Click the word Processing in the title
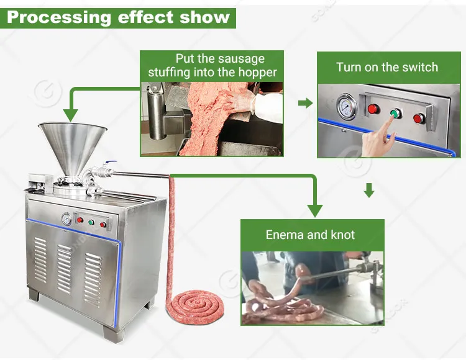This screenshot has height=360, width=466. click(59, 18)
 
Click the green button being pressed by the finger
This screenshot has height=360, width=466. click(395, 113)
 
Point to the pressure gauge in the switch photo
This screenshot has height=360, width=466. click(347, 107)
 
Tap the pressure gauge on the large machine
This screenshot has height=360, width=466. click(66, 219)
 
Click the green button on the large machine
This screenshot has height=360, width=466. click(91, 222)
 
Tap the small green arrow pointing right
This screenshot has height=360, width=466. click(305, 103)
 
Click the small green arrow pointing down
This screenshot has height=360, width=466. click(369, 190)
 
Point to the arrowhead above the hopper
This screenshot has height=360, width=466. click(70, 115)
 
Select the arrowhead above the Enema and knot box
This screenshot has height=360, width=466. click(315, 210)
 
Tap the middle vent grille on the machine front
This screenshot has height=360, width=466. click(65, 269)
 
